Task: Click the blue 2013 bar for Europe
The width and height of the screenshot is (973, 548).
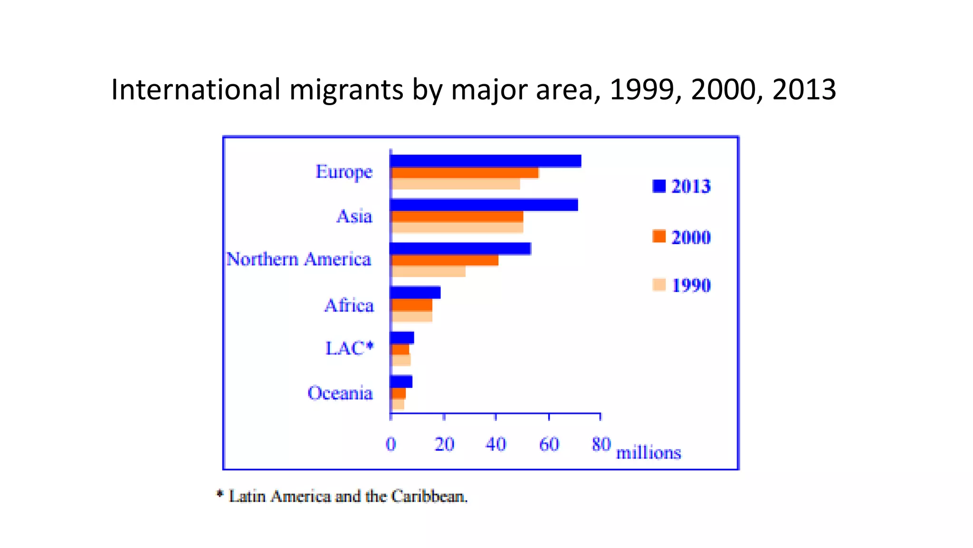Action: (485, 161)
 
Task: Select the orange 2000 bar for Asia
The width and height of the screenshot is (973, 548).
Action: (457, 216)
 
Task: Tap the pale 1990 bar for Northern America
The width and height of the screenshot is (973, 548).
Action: (428, 272)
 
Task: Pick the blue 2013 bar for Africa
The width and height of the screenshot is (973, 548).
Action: (415, 293)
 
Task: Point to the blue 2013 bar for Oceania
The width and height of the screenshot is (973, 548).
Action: (401, 382)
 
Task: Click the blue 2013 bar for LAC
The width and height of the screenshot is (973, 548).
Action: (402, 338)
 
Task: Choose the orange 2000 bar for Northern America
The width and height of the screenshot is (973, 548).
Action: (444, 260)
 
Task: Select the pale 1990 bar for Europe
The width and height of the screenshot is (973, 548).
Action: (455, 184)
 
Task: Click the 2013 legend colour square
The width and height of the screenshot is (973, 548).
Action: (659, 186)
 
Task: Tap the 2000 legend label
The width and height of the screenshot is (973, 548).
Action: (691, 237)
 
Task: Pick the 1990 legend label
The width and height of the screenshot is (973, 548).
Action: (691, 285)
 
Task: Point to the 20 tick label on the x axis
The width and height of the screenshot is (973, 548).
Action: (444, 444)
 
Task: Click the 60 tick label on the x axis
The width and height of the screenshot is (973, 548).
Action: (549, 444)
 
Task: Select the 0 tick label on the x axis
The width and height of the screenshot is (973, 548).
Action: (391, 444)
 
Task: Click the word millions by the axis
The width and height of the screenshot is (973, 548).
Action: (649, 452)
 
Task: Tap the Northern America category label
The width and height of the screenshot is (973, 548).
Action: (298, 259)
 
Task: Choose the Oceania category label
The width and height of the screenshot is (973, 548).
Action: (340, 393)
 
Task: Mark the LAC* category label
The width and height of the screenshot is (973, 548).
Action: (349, 348)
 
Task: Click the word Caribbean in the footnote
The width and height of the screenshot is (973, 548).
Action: (429, 496)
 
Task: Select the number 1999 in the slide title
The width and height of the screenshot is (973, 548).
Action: (641, 89)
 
